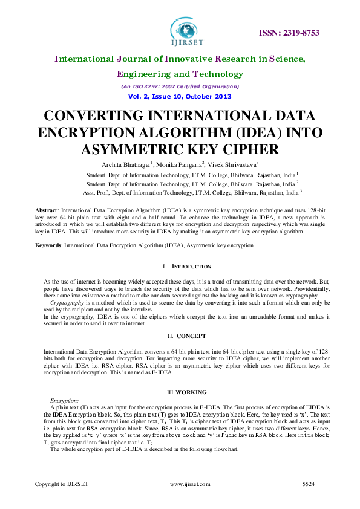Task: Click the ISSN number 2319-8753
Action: [x=290, y=33]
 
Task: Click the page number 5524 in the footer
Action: [x=309, y=484]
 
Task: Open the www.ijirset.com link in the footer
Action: [x=190, y=484]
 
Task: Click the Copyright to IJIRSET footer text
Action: [x=62, y=484]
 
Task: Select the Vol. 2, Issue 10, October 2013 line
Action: [x=180, y=96]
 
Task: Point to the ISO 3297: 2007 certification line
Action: [x=180, y=86]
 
